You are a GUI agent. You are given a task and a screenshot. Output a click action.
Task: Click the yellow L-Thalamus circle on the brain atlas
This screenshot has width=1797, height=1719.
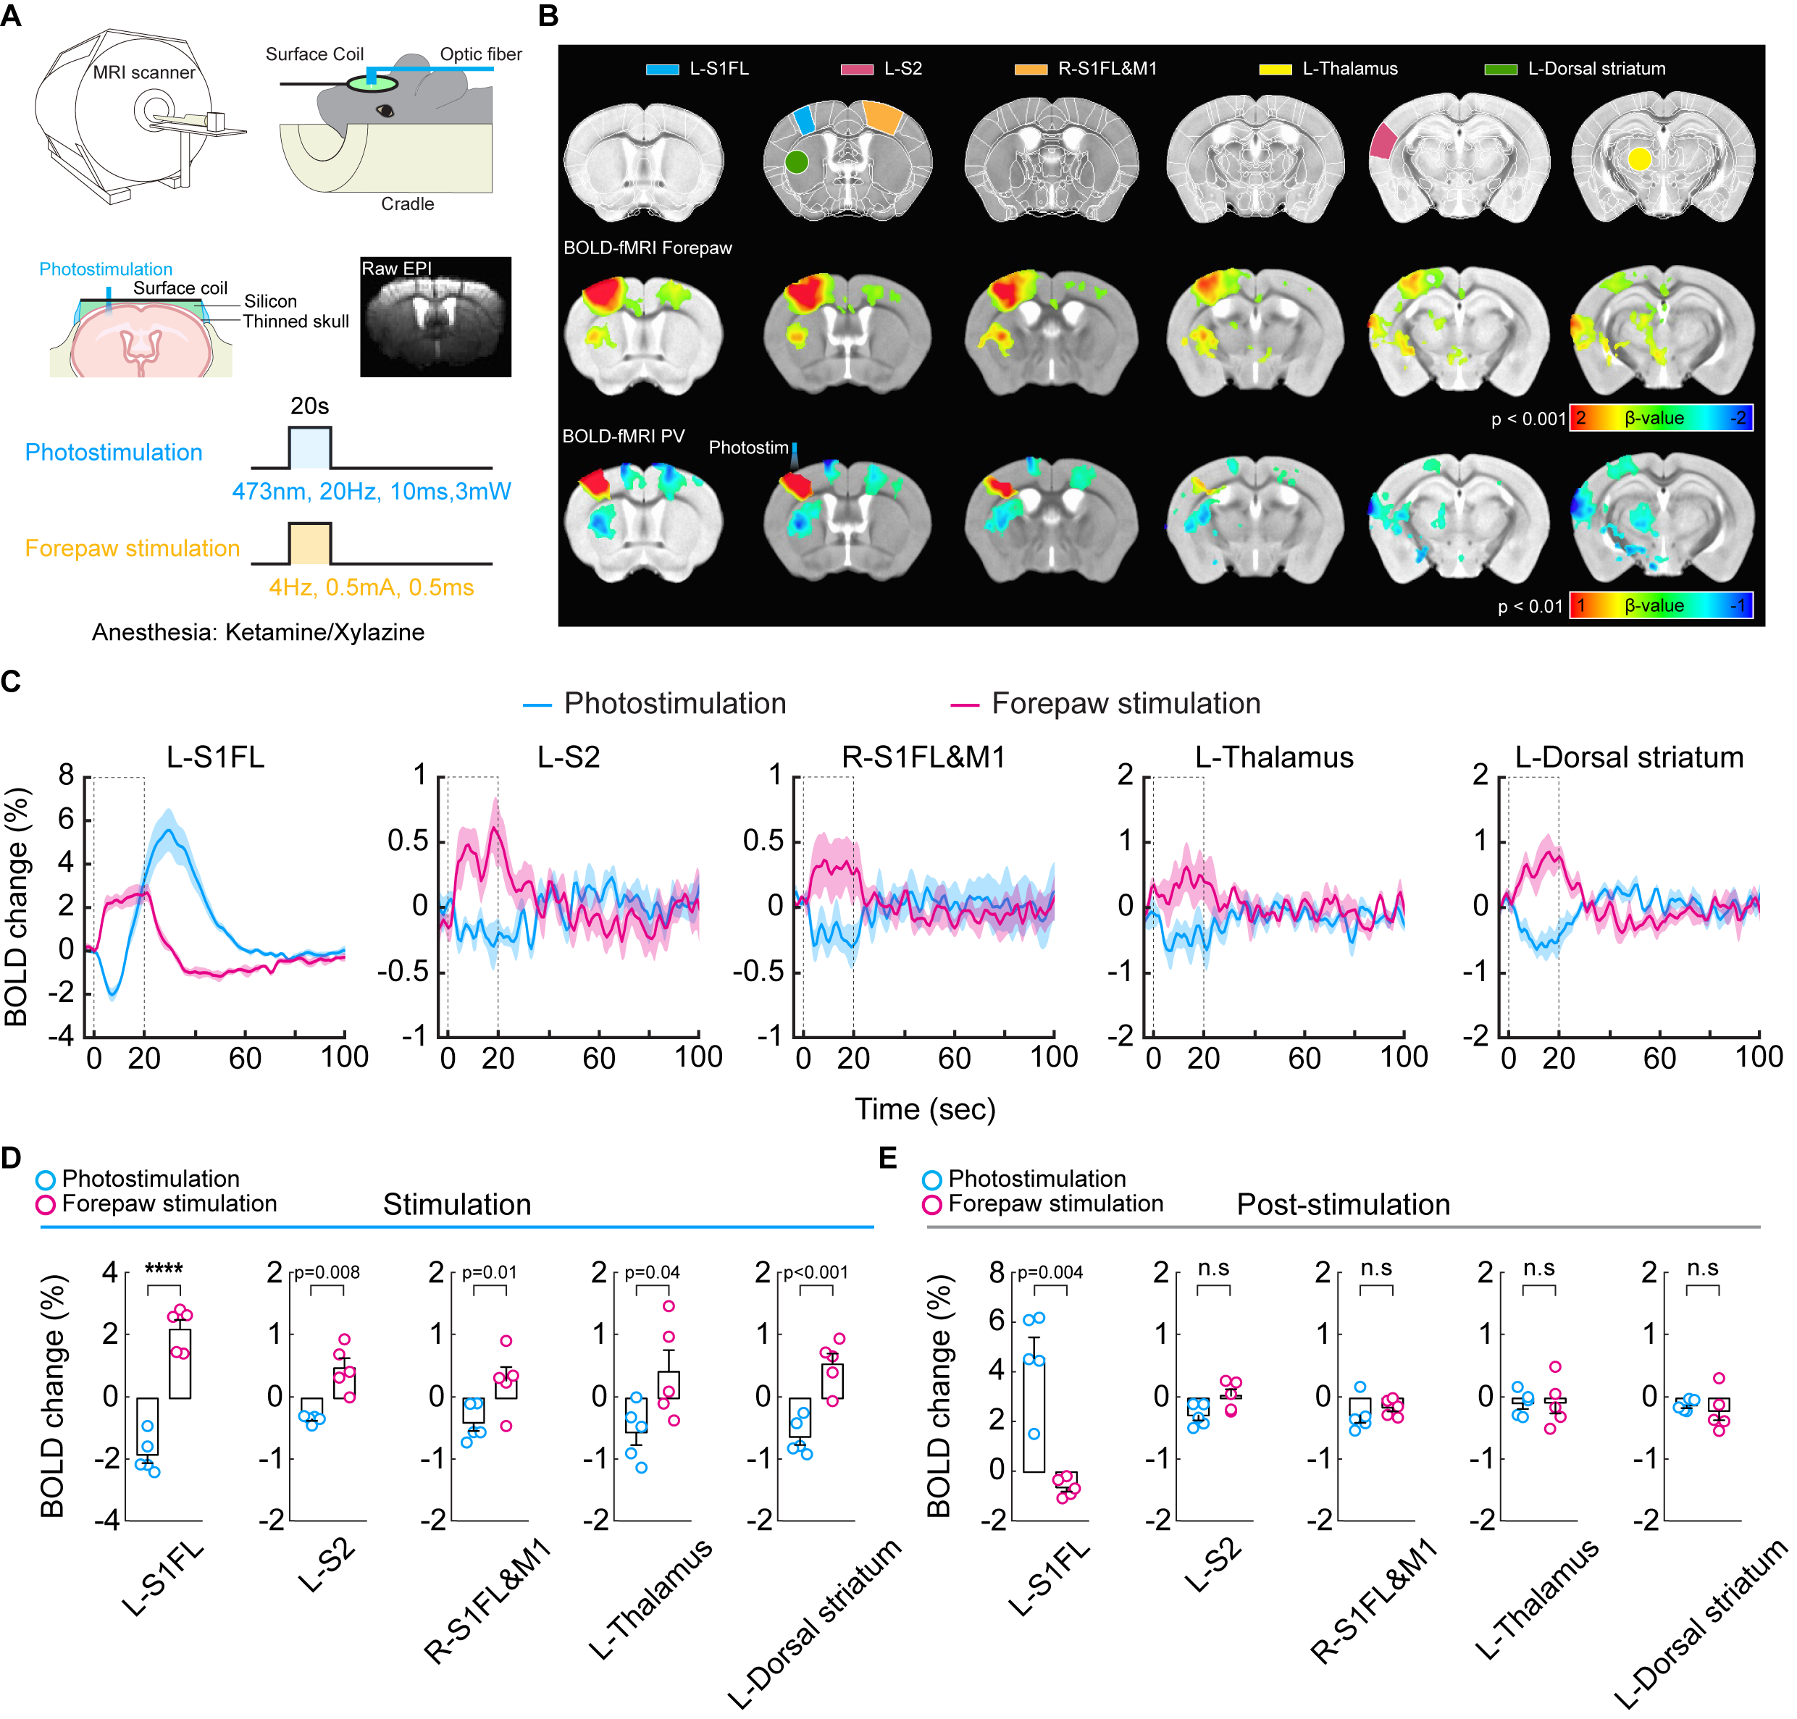tap(1638, 159)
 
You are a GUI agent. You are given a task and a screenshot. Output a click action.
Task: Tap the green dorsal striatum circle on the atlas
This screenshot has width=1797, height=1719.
tap(796, 162)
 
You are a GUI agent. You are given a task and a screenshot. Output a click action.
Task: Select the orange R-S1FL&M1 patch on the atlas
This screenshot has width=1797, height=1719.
tap(882, 117)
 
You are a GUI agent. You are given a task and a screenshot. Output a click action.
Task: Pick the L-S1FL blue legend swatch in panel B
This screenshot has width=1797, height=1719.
tap(661, 69)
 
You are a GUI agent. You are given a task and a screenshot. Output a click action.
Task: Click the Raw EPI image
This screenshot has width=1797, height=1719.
tap(435, 317)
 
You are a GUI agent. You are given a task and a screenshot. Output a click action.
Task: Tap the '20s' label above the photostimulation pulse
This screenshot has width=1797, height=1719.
tap(310, 406)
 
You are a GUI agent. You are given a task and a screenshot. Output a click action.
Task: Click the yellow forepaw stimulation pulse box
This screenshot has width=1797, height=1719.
tap(310, 543)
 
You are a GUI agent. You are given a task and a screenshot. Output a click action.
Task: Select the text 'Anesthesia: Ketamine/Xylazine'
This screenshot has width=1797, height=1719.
tap(259, 632)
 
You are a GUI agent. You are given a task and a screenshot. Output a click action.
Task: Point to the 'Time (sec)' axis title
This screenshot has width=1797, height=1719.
tap(925, 1109)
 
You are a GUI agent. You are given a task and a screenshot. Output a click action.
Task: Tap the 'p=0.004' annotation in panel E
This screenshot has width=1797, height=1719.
tap(1050, 1272)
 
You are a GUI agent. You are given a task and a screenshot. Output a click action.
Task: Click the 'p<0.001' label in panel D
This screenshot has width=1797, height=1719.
tap(816, 1272)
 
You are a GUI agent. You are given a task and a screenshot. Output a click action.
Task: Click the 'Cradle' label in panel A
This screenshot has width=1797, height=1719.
tap(407, 203)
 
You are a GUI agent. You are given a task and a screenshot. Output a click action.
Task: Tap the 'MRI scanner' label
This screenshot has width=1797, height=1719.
tap(144, 72)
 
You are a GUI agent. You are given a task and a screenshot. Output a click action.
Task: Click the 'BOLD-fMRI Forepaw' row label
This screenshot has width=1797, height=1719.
tap(647, 248)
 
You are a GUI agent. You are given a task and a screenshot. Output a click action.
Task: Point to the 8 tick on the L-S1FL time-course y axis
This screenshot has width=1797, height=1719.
tap(66, 776)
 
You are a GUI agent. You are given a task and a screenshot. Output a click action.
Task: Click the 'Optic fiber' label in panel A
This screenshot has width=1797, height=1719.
tap(480, 54)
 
